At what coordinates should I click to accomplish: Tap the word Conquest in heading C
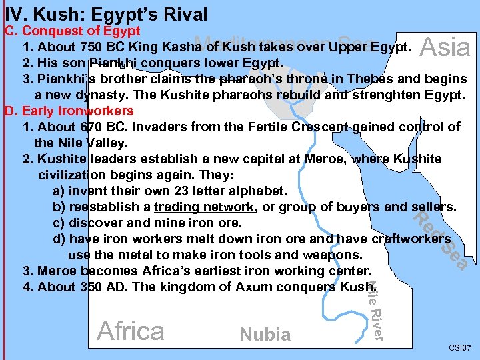61,31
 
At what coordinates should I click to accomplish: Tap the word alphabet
258,191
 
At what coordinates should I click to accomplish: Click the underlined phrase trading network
203,207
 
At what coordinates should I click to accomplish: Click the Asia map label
446,47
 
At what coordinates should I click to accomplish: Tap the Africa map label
131,331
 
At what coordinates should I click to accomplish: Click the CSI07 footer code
459,348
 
